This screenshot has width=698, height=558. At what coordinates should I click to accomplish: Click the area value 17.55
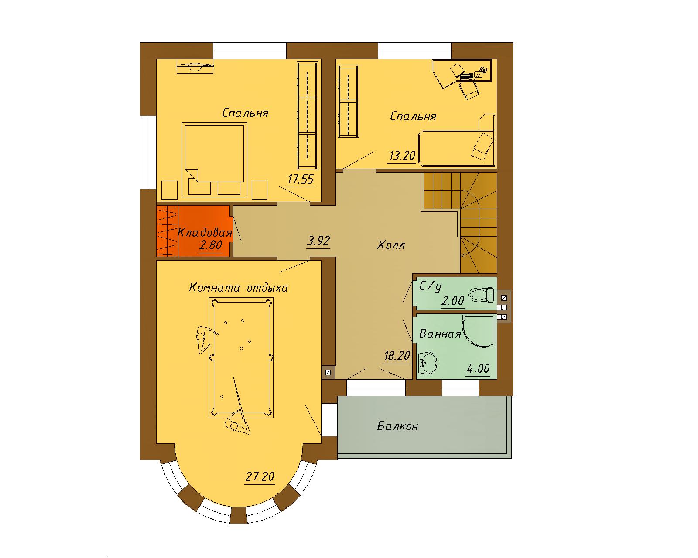pos(301,179)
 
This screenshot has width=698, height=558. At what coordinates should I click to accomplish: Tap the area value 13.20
pos(402,156)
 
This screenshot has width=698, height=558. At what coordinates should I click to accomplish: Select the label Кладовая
pos(205,232)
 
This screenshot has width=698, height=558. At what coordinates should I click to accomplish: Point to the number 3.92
pos(318,241)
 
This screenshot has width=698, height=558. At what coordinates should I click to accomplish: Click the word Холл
pos(391,245)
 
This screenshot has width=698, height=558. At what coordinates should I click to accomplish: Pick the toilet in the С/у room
pos(482,294)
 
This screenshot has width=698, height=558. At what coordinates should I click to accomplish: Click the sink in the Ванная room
pos(428,363)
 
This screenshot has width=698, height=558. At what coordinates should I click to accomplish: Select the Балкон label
pos(398,426)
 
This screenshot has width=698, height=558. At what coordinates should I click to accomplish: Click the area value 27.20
pos(260,476)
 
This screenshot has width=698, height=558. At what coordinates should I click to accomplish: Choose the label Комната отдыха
pos(238,288)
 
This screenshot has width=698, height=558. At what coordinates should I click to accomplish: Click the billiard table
pos(241,357)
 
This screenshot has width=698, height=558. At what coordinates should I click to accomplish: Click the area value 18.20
pos(397,356)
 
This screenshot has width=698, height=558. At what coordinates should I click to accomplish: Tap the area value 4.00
pos(478,368)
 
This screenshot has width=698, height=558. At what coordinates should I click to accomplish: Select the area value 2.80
pos(211,245)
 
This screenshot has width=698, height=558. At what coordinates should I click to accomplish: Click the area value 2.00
pos(452,301)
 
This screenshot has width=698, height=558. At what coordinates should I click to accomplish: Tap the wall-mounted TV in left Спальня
pos(195,67)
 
